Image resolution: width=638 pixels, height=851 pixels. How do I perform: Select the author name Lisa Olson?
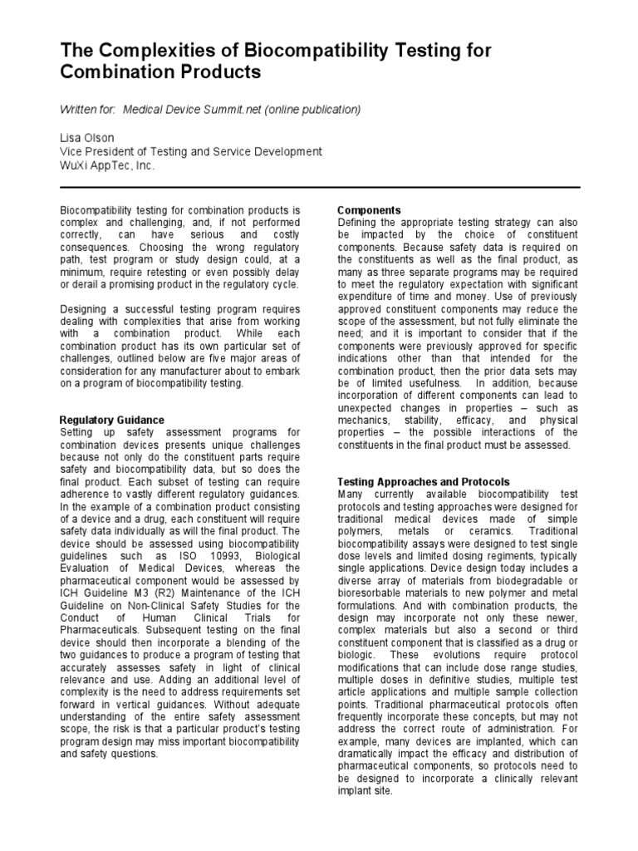point(86,137)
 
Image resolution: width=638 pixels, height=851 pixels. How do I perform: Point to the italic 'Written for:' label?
point(89,110)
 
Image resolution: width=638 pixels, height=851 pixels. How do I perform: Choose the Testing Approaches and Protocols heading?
point(424,482)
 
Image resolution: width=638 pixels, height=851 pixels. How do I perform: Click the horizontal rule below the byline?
point(320,188)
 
